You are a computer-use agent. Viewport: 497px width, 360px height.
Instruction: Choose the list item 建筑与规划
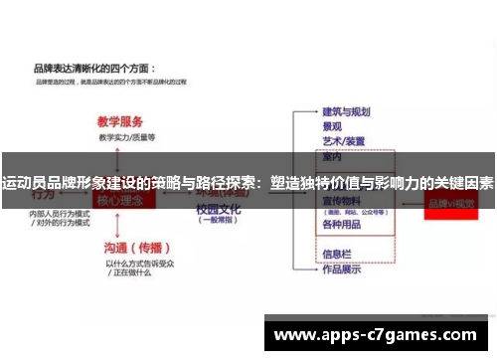[x=346, y=111]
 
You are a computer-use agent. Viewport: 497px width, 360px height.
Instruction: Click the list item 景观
[x=332, y=126]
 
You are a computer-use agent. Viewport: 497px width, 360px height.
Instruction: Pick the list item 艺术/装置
[x=343, y=141]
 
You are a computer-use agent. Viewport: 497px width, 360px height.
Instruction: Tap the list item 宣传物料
[x=343, y=200]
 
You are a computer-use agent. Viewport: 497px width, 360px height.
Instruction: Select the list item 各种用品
[x=340, y=226]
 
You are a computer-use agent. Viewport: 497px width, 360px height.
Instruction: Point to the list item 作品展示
[x=340, y=268]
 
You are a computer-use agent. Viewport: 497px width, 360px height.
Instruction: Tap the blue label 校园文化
[x=217, y=210]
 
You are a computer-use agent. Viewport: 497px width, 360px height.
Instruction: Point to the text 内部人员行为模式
[x=60, y=213]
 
